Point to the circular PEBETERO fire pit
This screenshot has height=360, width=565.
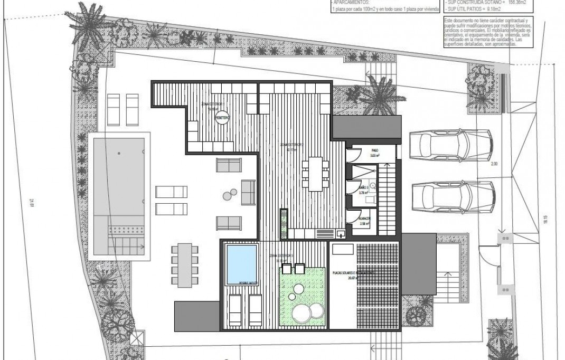click(222, 119)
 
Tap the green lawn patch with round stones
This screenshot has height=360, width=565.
click(302, 299)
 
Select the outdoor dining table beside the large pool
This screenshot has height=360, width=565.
click(185, 263)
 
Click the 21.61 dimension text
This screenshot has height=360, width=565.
click(32, 202)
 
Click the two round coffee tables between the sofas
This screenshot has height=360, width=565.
click(230, 195)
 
